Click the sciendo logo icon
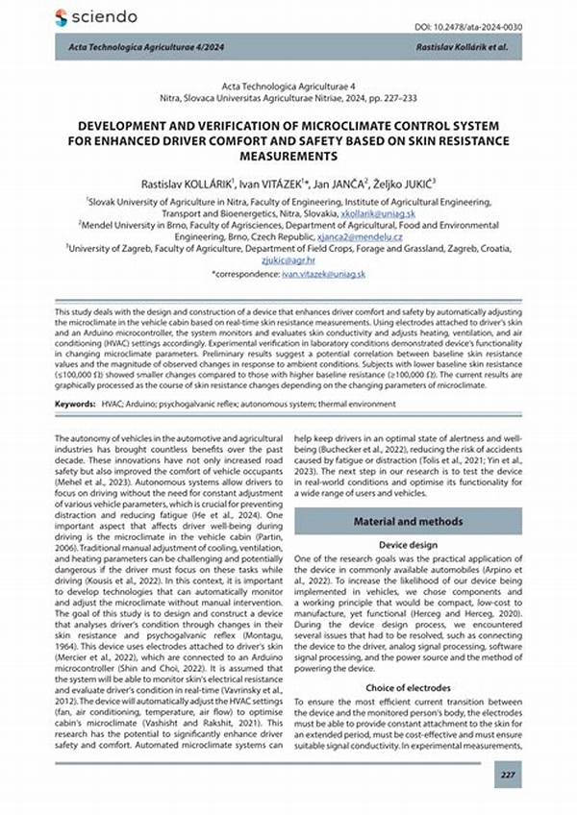coord(62,17)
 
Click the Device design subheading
coord(408,544)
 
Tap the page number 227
coord(509,773)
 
